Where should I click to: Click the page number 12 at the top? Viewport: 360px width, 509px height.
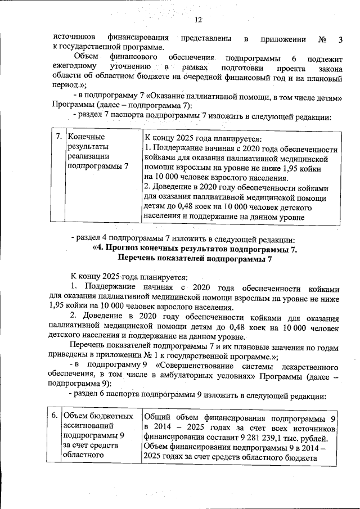coord(198,21)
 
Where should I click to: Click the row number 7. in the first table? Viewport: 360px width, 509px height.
coord(58,137)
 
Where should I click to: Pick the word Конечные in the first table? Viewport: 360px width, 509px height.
coord(86,137)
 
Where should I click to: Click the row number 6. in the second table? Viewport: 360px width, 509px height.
coord(54,416)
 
